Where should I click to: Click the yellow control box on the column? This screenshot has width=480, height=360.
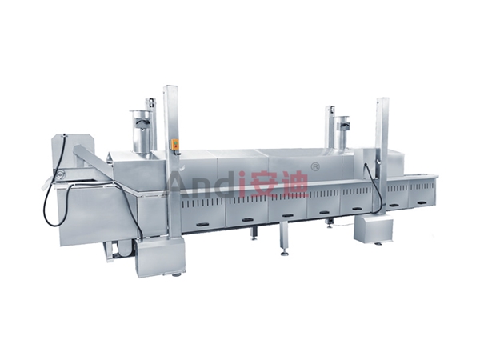click(176, 146)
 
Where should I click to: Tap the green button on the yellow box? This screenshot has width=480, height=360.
click(176, 142)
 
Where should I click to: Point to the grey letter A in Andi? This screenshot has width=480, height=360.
click(180, 184)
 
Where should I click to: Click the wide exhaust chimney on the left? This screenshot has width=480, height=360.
click(140, 131)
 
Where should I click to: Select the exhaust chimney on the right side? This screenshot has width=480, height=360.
click(342, 132)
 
